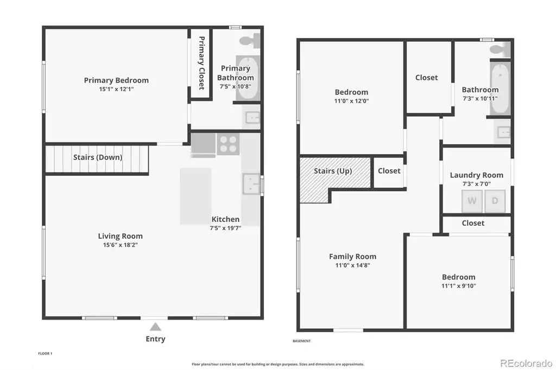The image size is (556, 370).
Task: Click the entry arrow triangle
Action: (155, 327)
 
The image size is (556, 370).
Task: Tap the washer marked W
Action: (472, 201)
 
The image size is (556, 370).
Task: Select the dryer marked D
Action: (495, 201)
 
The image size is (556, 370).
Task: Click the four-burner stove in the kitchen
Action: (228, 144)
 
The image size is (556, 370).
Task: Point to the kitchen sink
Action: (251, 183)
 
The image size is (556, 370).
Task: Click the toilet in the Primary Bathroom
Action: (250, 41)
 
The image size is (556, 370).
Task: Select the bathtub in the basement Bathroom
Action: (500, 88)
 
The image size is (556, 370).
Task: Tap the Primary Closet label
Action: (201, 63)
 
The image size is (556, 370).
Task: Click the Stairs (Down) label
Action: (98, 157)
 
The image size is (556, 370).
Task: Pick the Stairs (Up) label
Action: (333, 171)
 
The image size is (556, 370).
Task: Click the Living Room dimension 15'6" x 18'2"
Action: (120, 245)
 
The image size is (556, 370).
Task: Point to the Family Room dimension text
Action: (352, 265)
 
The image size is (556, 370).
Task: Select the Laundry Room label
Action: (477, 175)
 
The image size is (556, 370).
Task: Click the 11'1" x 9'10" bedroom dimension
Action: (458, 286)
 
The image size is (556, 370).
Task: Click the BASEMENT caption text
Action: (302, 341)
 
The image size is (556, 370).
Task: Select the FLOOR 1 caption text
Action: (45, 353)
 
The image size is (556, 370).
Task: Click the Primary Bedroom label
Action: (116, 80)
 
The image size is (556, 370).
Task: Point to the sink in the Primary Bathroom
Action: (252, 117)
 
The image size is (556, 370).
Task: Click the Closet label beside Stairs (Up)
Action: (389, 171)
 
